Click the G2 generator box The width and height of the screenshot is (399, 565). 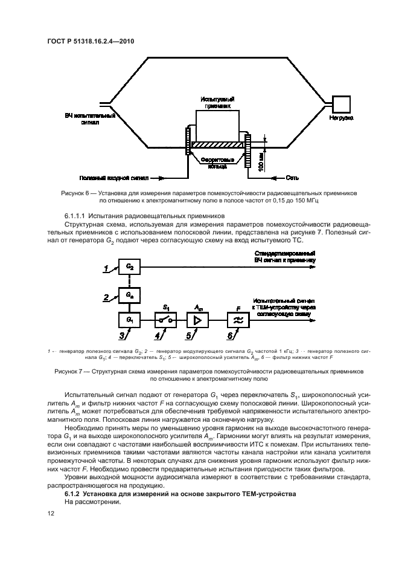coord(129,266)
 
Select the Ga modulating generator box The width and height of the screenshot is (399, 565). coord(129,295)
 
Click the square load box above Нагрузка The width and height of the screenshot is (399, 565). coord(340,103)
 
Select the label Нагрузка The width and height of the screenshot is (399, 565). coord(341,118)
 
